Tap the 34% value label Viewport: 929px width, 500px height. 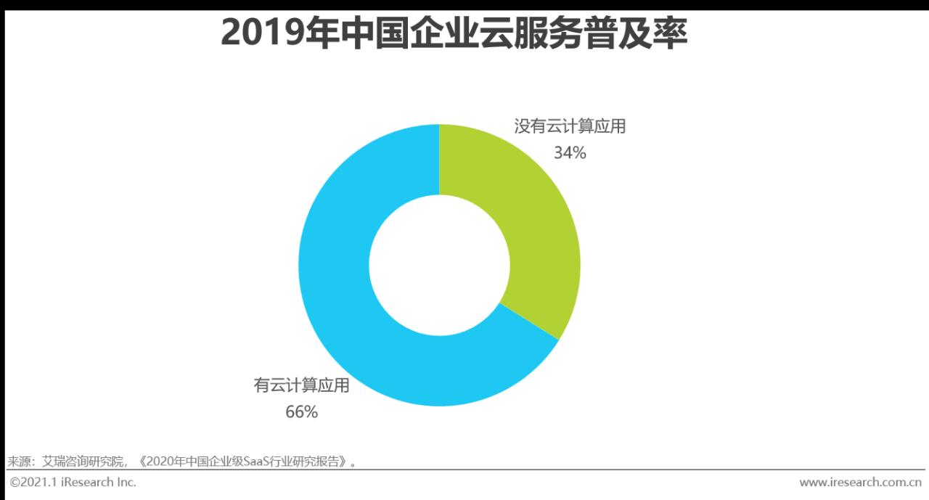pos(570,153)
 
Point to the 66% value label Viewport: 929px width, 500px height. pos(301,412)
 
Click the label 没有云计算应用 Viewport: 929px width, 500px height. pos(570,127)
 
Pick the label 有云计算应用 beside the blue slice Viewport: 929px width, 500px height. pos(301,385)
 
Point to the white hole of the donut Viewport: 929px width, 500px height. pos(439,266)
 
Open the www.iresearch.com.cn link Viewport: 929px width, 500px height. pos(860,482)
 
